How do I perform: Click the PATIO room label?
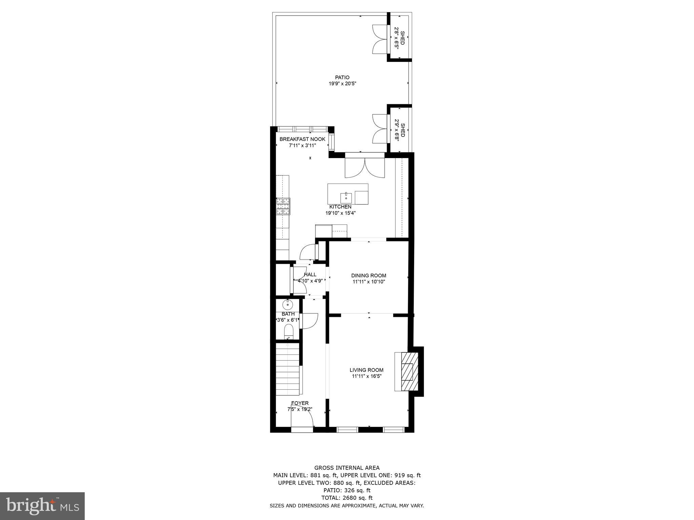342,78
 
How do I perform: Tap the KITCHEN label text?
340,207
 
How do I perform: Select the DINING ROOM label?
369,276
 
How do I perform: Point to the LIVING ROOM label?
367,370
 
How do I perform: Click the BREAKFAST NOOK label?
302,139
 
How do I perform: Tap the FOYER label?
300,403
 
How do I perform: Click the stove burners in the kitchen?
283,206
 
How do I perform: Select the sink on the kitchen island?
346,197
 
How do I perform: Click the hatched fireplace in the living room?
409,371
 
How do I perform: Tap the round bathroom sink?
287,305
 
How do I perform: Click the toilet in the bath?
288,331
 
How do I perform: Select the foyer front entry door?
302,423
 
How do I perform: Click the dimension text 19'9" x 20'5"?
342,84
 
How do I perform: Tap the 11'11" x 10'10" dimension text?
369,282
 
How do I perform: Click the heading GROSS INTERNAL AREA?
347,468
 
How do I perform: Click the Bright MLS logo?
42,505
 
